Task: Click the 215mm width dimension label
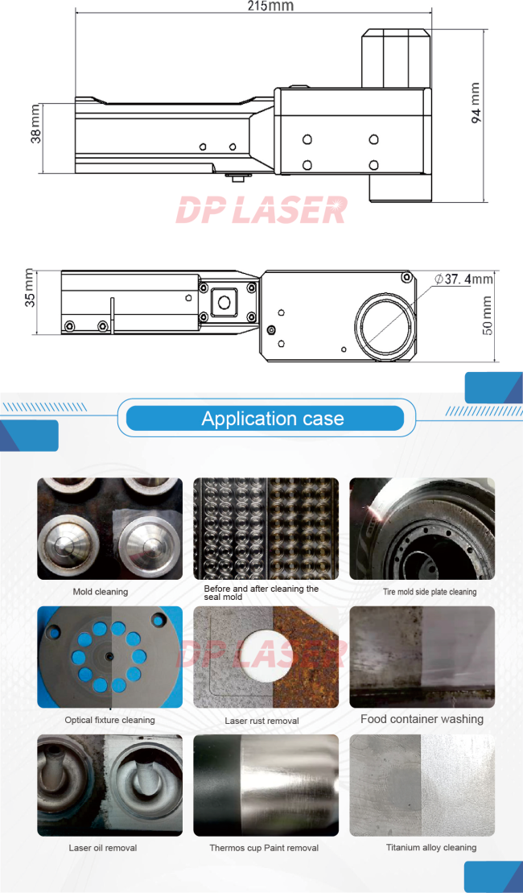tap(270, 6)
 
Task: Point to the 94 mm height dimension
tap(476, 102)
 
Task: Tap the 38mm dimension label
tap(35, 123)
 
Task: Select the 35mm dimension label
tap(30, 288)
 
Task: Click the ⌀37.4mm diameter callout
tap(463, 279)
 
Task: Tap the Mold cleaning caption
tap(100, 592)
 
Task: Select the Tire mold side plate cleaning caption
tap(430, 592)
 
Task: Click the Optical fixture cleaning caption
tap(110, 720)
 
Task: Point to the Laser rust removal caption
tap(261, 721)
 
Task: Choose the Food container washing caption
tap(422, 719)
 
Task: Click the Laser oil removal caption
tap(103, 848)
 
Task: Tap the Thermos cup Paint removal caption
tap(264, 848)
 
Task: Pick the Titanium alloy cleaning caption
tap(431, 847)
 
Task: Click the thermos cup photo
tap(266, 785)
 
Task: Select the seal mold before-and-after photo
tap(266, 528)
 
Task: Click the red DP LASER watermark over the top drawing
tap(261, 209)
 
